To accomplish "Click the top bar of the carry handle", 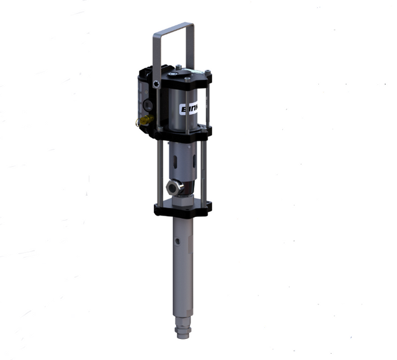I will tap(173, 25).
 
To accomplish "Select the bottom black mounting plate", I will tap(183, 207).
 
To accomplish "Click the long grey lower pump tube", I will tap(184, 266).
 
